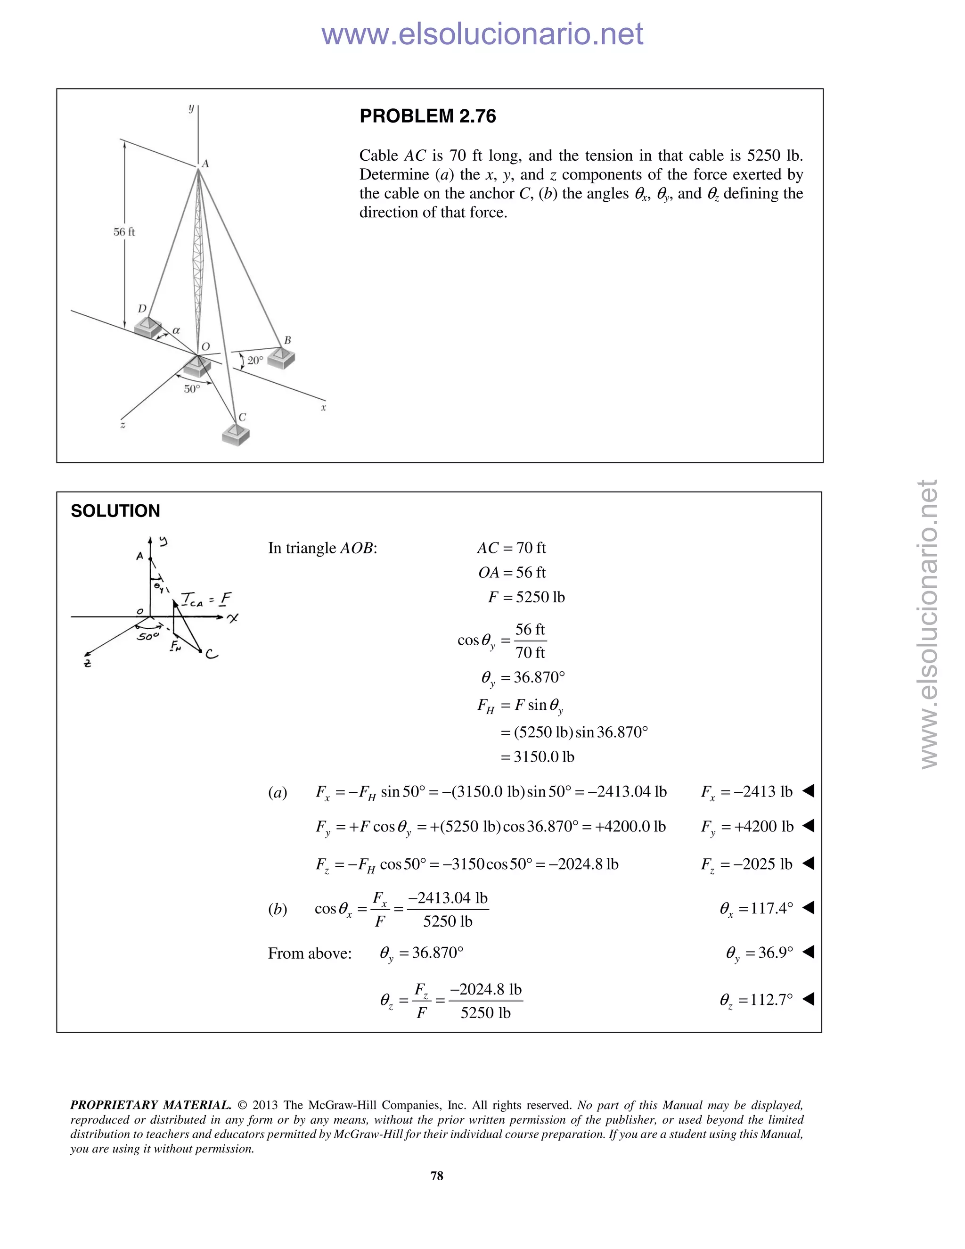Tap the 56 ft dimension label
click(x=124, y=231)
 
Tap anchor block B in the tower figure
click(x=281, y=358)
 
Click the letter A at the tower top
click(x=205, y=164)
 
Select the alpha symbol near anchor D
click(x=176, y=330)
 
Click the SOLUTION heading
click(x=115, y=511)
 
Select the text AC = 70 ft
click(x=511, y=548)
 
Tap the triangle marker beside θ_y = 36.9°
click(x=808, y=952)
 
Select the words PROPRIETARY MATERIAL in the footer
click(x=150, y=1105)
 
